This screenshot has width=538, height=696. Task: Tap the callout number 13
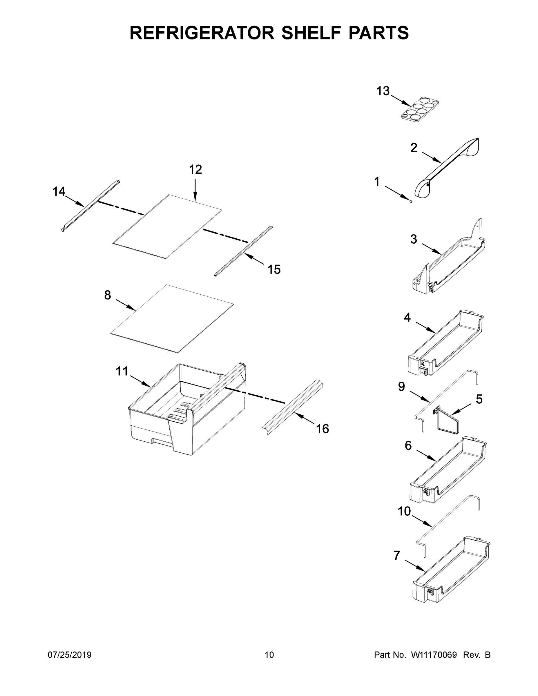383,91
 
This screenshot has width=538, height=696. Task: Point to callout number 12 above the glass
195,170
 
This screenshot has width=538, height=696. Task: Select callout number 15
274,270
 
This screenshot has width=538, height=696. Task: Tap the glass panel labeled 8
172,319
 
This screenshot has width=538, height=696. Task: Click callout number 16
322,429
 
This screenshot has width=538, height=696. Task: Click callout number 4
407,318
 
